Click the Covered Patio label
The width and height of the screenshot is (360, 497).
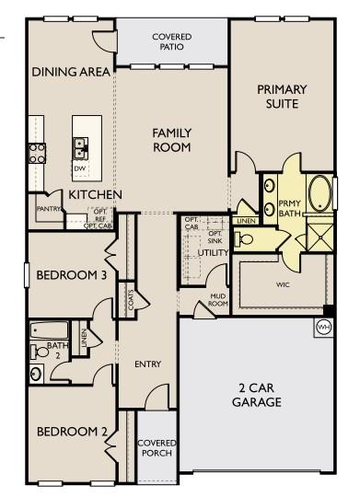tap(171, 41)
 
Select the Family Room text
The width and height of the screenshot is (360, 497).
tap(171, 140)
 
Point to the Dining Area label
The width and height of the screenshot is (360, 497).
tap(71, 72)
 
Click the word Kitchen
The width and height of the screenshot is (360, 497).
tap(96, 195)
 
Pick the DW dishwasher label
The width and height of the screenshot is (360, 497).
tap(81, 169)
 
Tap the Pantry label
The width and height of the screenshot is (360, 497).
tap(49, 209)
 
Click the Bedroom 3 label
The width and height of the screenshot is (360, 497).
tap(72, 275)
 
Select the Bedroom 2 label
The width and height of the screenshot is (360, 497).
tap(73, 431)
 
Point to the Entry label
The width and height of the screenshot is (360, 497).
tap(147, 364)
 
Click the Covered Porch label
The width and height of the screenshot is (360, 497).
tap(157, 447)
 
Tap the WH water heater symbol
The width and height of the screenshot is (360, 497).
tap(323, 327)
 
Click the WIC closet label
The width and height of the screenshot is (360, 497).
tap(283, 285)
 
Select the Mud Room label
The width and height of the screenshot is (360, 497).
tap(217, 300)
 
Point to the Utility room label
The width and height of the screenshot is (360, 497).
tap(213, 251)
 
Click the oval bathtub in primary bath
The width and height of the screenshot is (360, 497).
tap(319, 194)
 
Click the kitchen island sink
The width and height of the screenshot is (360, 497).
tap(81, 144)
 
